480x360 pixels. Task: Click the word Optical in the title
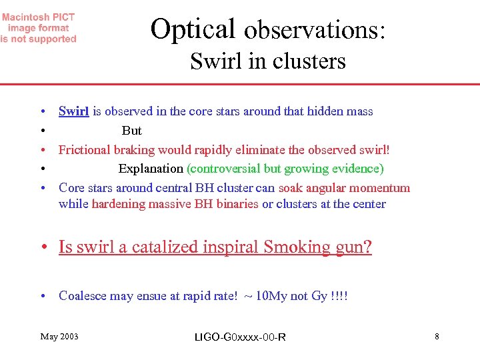(x=193, y=29)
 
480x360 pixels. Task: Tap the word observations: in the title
(x=315, y=31)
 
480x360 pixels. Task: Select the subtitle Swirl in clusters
(x=268, y=61)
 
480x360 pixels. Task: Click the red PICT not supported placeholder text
(x=39, y=29)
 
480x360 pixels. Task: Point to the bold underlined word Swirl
(x=73, y=111)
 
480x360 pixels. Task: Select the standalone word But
(x=132, y=131)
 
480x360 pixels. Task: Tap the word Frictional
(x=85, y=150)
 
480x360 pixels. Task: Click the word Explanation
(x=151, y=169)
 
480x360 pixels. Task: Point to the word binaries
(x=235, y=204)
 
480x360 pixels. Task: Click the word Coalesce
(x=83, y=296)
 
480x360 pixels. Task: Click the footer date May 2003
(x=59, y=337)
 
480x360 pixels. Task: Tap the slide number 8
(x=437, y=337)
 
